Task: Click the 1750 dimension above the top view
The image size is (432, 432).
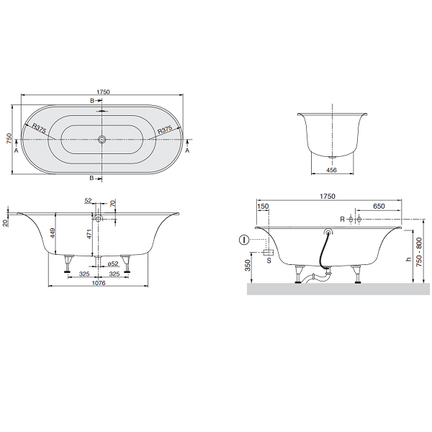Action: (103, 92)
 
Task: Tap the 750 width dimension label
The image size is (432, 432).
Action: (9, 138)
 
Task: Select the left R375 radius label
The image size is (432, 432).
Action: (39, 128)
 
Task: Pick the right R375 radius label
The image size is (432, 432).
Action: (165, 130)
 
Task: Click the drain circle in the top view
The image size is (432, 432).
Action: (102, 139)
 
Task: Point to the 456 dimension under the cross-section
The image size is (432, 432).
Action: (331, 170)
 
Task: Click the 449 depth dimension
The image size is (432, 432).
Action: (53, 233)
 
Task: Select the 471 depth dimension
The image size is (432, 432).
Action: (89, 234)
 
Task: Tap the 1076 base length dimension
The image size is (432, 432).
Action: (99, 283)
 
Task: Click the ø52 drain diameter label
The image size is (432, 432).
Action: (113, 264)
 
